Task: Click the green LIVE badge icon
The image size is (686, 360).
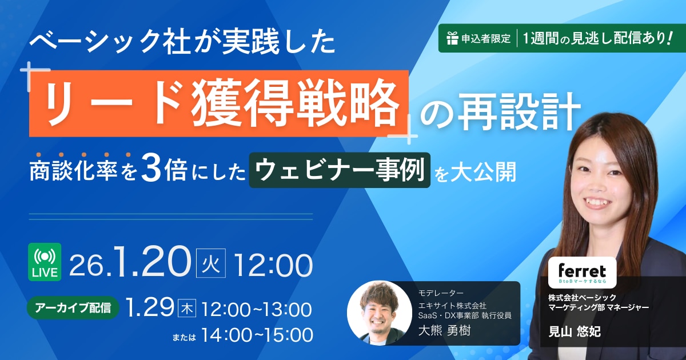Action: click(45, 262)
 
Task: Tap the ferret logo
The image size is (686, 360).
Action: click(582, 273)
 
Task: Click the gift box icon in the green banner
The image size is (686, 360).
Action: click(452, 38)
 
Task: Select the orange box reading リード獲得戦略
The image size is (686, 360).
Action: click(218, 103)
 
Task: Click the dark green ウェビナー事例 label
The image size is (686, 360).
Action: click(340, 170)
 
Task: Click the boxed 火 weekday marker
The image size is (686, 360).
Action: click(211, 263)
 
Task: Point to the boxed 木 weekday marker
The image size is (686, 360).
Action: click(187, 309)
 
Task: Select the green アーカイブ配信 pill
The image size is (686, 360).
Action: click(73, 307)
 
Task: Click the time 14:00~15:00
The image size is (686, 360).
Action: click(257, 335)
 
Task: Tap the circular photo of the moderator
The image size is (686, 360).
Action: click(380, 313)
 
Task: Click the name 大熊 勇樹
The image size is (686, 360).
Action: click(444, 331)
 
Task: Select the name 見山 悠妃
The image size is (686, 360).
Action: click(574, 331)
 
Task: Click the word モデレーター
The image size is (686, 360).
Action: click(441, 293)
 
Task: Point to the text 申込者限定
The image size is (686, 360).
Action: click(486, 39)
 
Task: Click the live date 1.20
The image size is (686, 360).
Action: click(152, 262)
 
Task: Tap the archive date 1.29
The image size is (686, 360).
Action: click(149, 307)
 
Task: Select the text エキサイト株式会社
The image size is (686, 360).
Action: click(452, 306)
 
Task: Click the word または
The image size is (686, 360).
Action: click(184, 338)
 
